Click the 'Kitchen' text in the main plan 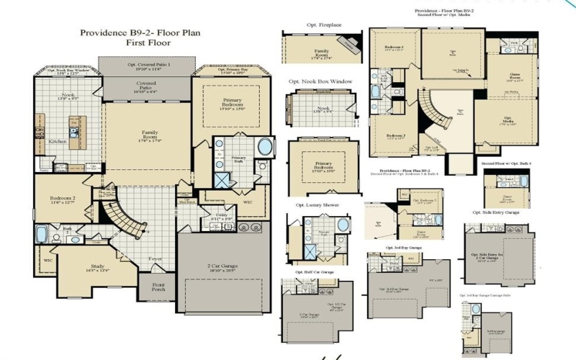point(58,142)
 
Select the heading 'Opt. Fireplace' point(305,26)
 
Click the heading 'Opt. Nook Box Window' point(320,82)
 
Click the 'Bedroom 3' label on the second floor point(393,135)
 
